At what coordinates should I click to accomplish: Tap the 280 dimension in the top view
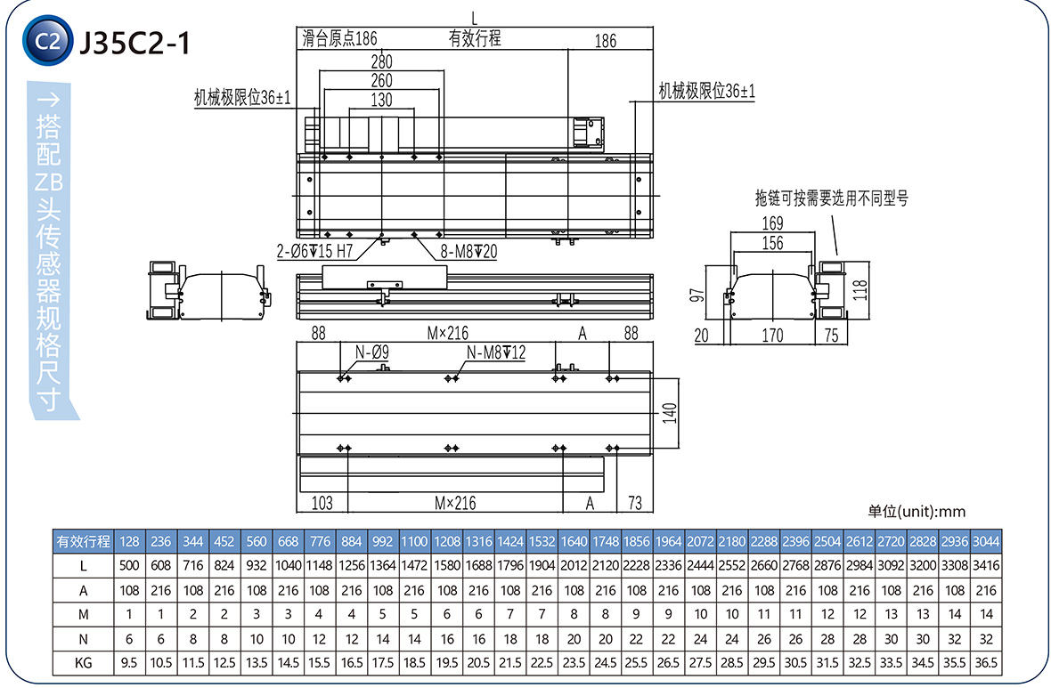381,61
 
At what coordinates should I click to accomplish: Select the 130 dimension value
381,100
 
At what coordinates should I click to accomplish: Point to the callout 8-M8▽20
468,252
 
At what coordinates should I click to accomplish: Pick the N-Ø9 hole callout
372,353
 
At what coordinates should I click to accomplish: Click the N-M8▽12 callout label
495,353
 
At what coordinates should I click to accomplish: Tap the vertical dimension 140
671,413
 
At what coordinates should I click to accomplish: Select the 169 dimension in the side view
773,223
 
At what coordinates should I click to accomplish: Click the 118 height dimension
860,289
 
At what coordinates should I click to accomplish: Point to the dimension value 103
322,503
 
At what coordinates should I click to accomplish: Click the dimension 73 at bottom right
635,503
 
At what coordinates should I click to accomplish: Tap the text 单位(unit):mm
917,512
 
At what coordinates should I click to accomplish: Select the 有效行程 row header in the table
83,540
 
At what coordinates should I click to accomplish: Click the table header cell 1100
414,540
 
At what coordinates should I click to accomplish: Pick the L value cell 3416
986,565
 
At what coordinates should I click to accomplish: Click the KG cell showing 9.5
129,663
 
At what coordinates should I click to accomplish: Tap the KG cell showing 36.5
986,663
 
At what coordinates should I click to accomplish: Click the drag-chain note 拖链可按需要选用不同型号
831,198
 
